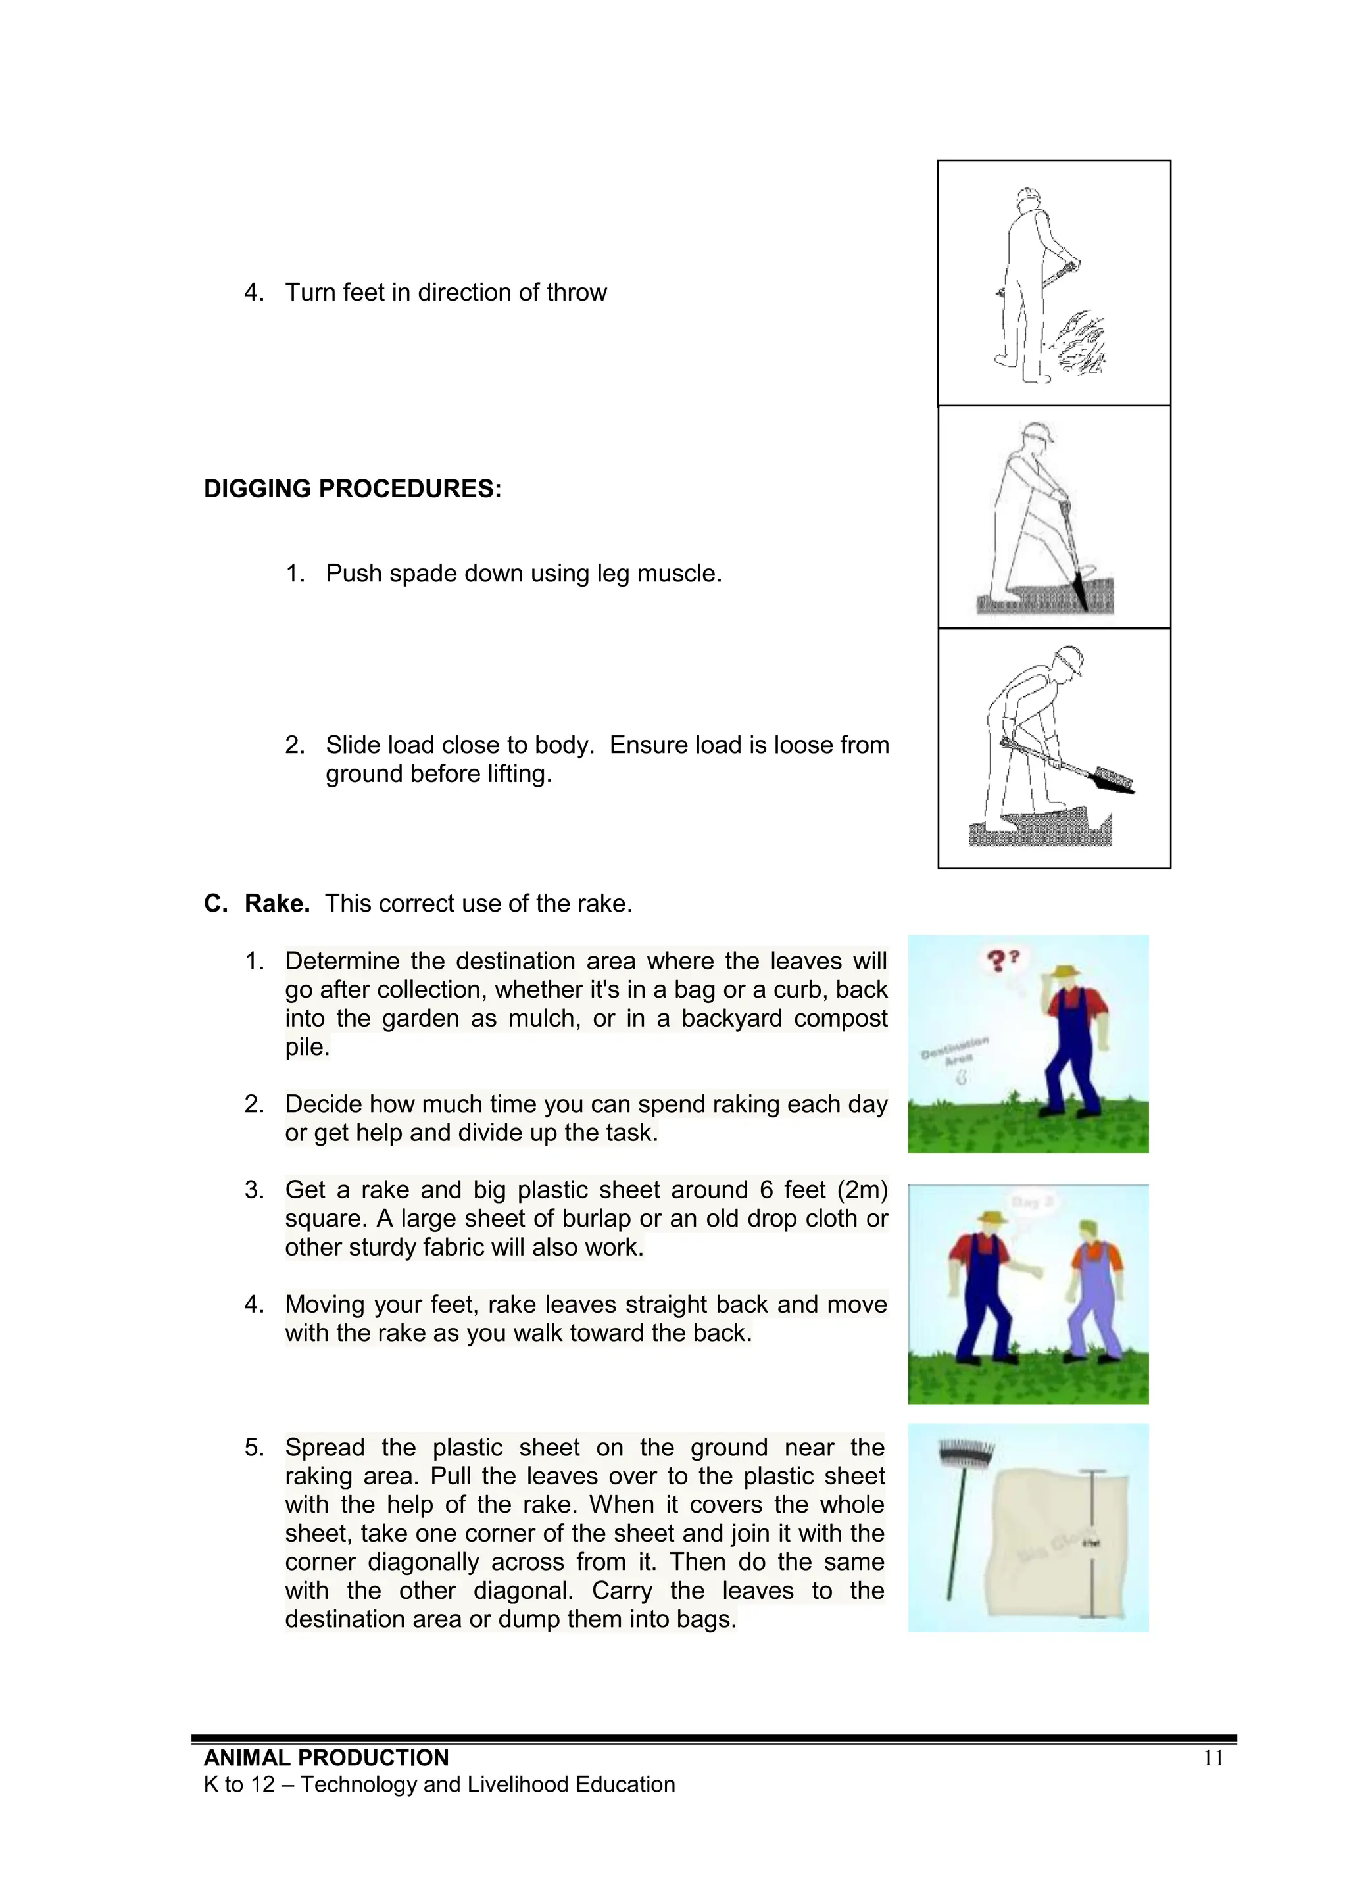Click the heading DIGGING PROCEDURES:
click(x=353, y=489)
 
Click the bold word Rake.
click(x=277, y=903)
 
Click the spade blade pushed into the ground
click(x=1078, y=591)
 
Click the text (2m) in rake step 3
click(x=862, y=1190)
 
